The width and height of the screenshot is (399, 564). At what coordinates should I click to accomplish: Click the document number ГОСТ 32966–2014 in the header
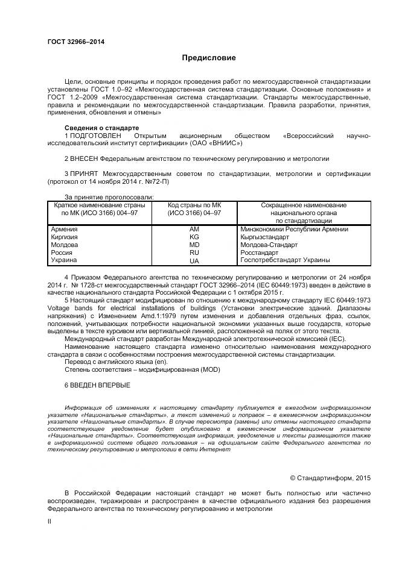(x=76, y=42)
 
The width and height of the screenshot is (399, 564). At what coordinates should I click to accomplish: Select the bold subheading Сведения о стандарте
(x=101, y=128)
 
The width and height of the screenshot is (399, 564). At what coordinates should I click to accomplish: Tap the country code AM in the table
(x=194, y=229)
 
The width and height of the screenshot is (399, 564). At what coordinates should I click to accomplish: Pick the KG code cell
(x=194, y=237)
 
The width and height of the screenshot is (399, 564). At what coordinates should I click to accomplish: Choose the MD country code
(x=194, y=245)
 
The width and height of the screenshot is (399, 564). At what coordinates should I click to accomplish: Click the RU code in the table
(x=194, y=252)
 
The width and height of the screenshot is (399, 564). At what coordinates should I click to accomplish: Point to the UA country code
(x=194, y=261)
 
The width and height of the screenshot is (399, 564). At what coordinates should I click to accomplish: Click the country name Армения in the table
(x=65, y=229)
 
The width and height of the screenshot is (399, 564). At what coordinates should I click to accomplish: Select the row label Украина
(x=64, y=260)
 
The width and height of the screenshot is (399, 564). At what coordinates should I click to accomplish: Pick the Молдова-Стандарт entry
(x=269, y=245)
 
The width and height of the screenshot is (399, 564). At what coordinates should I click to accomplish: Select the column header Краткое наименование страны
(x=100, y=205)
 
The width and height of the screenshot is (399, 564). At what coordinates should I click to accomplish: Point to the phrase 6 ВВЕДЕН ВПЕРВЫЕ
(x=97, y=384)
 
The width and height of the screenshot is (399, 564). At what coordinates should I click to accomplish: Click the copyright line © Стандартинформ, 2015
(x=330, y=478)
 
